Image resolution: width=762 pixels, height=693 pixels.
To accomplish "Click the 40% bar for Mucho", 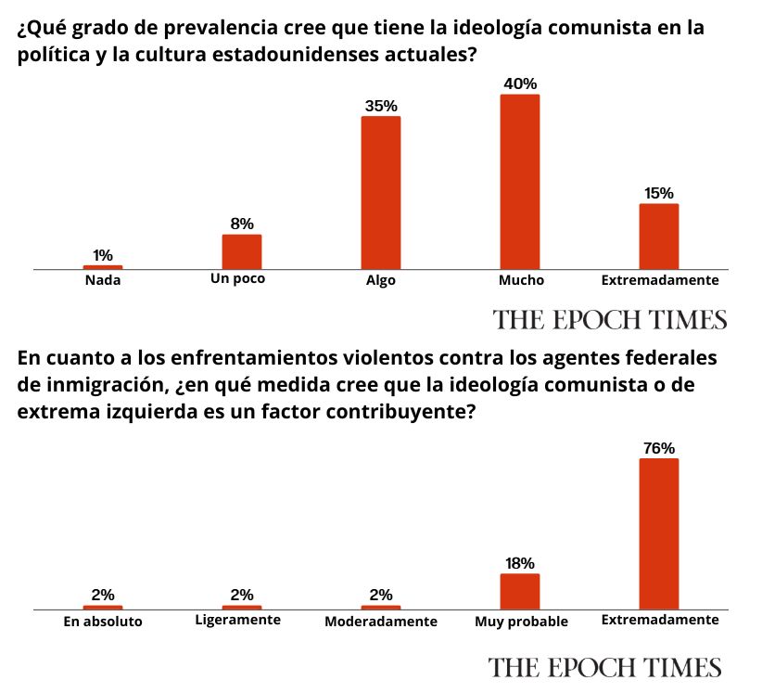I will [x=519, y=182].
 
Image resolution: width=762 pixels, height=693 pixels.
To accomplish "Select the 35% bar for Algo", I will [x=381, y=193].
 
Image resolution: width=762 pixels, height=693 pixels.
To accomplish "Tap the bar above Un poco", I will [x=242, y=251].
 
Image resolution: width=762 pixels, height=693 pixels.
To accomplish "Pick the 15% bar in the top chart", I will [x=659, y=237].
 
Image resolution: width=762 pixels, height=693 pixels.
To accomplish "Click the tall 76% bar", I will [x=659, y=533].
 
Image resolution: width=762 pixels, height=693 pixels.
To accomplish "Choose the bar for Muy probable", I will [x=519, y=591].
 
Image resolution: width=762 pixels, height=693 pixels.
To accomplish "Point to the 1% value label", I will [x=103, y=255].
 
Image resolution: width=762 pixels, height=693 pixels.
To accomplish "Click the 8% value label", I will [x=242, y=224].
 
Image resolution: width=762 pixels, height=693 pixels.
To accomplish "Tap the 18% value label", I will [x=519, y=563].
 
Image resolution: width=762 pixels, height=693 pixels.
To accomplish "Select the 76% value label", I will [x=659, y=448].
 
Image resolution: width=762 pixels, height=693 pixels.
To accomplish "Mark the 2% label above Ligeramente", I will [x=242, y=595].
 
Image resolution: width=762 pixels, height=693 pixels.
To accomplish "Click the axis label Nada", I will [x=102, y=279].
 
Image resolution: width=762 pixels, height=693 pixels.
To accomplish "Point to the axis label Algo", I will [x=381, y=280].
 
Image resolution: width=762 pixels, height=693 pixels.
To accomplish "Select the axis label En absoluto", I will [x=103, y=622].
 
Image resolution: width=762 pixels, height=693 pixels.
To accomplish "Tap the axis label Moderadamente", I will [x=381, y=622].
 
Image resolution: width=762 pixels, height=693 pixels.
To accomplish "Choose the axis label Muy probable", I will [x=520, y=622].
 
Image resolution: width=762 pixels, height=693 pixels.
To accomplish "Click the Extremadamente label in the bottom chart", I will [x=659, y=620].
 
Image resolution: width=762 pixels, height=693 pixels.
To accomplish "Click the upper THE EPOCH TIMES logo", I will [x=610, y=320].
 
